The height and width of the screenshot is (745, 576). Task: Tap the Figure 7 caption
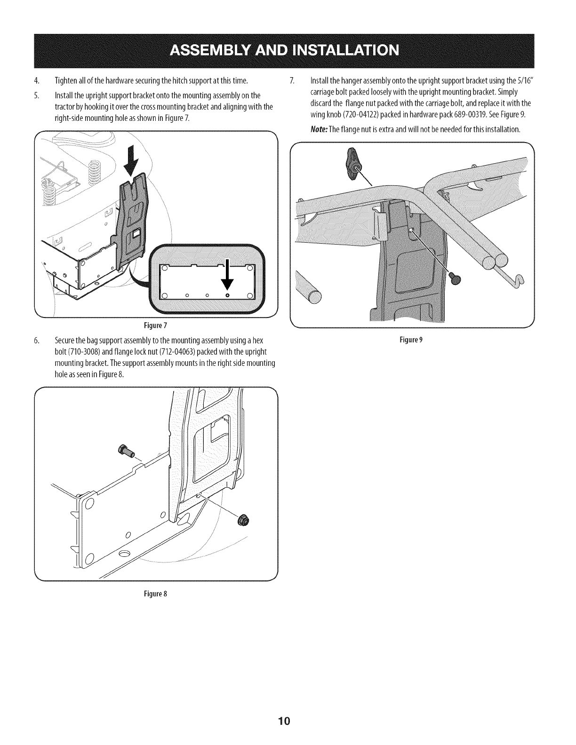pos(156,325)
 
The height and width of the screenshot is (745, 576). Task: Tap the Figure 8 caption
pos(156,594)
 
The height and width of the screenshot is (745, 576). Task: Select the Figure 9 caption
pos(411,340)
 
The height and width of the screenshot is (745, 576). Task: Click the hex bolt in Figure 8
pos(126,450)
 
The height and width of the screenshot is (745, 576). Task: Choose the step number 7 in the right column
pos(292,78)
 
